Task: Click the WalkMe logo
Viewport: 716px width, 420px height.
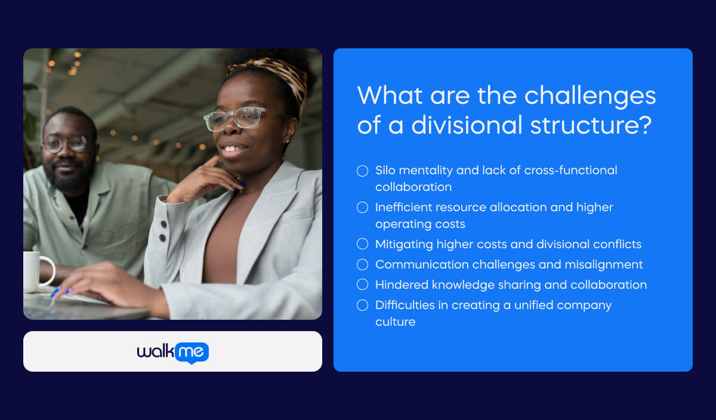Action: (172, 352)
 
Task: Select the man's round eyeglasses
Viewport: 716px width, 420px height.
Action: (64, 143)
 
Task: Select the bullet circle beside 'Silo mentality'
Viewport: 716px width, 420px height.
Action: (362, 171)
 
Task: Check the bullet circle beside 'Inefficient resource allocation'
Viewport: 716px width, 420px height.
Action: (362, 208)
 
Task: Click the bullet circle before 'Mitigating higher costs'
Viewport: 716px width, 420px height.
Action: (362, 244)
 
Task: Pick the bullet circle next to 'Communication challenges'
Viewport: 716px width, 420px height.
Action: (362, 264)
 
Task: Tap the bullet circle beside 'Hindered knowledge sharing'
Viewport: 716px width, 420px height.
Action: (362, 285)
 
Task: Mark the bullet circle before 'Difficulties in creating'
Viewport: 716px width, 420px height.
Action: (362, 305)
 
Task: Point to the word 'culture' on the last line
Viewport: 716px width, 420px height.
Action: (395, 322)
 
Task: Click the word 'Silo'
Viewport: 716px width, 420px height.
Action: (386, 170)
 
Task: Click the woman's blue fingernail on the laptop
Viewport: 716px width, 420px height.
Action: (55, 292)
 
